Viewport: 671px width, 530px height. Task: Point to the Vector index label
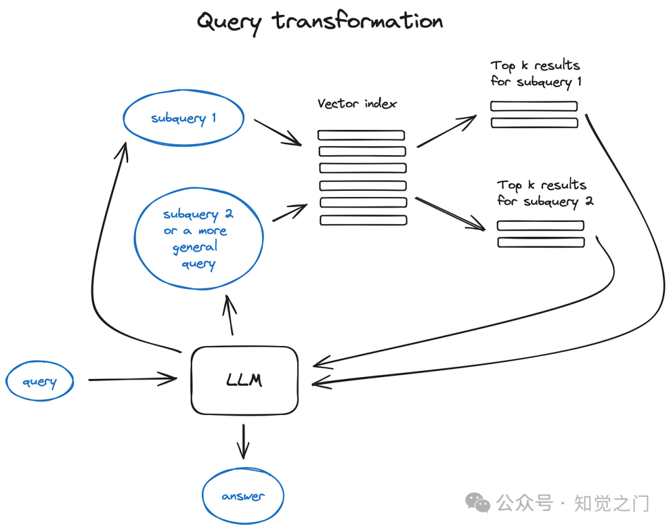357,104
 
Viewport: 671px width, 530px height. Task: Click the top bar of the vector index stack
361,135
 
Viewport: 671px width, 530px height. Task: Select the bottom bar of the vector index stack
363,220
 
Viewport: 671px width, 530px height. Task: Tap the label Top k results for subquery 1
536,74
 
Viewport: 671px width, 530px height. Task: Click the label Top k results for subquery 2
545,193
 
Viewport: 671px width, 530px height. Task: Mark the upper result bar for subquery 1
534,106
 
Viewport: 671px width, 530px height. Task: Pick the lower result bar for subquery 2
541,242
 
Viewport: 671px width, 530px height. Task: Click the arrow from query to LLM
133,379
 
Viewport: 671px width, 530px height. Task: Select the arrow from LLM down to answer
243,441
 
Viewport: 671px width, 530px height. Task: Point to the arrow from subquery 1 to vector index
278,132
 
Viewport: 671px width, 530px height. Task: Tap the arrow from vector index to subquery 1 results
447,130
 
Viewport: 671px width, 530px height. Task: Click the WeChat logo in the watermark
478,502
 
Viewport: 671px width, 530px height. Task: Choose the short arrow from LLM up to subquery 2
230,314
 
